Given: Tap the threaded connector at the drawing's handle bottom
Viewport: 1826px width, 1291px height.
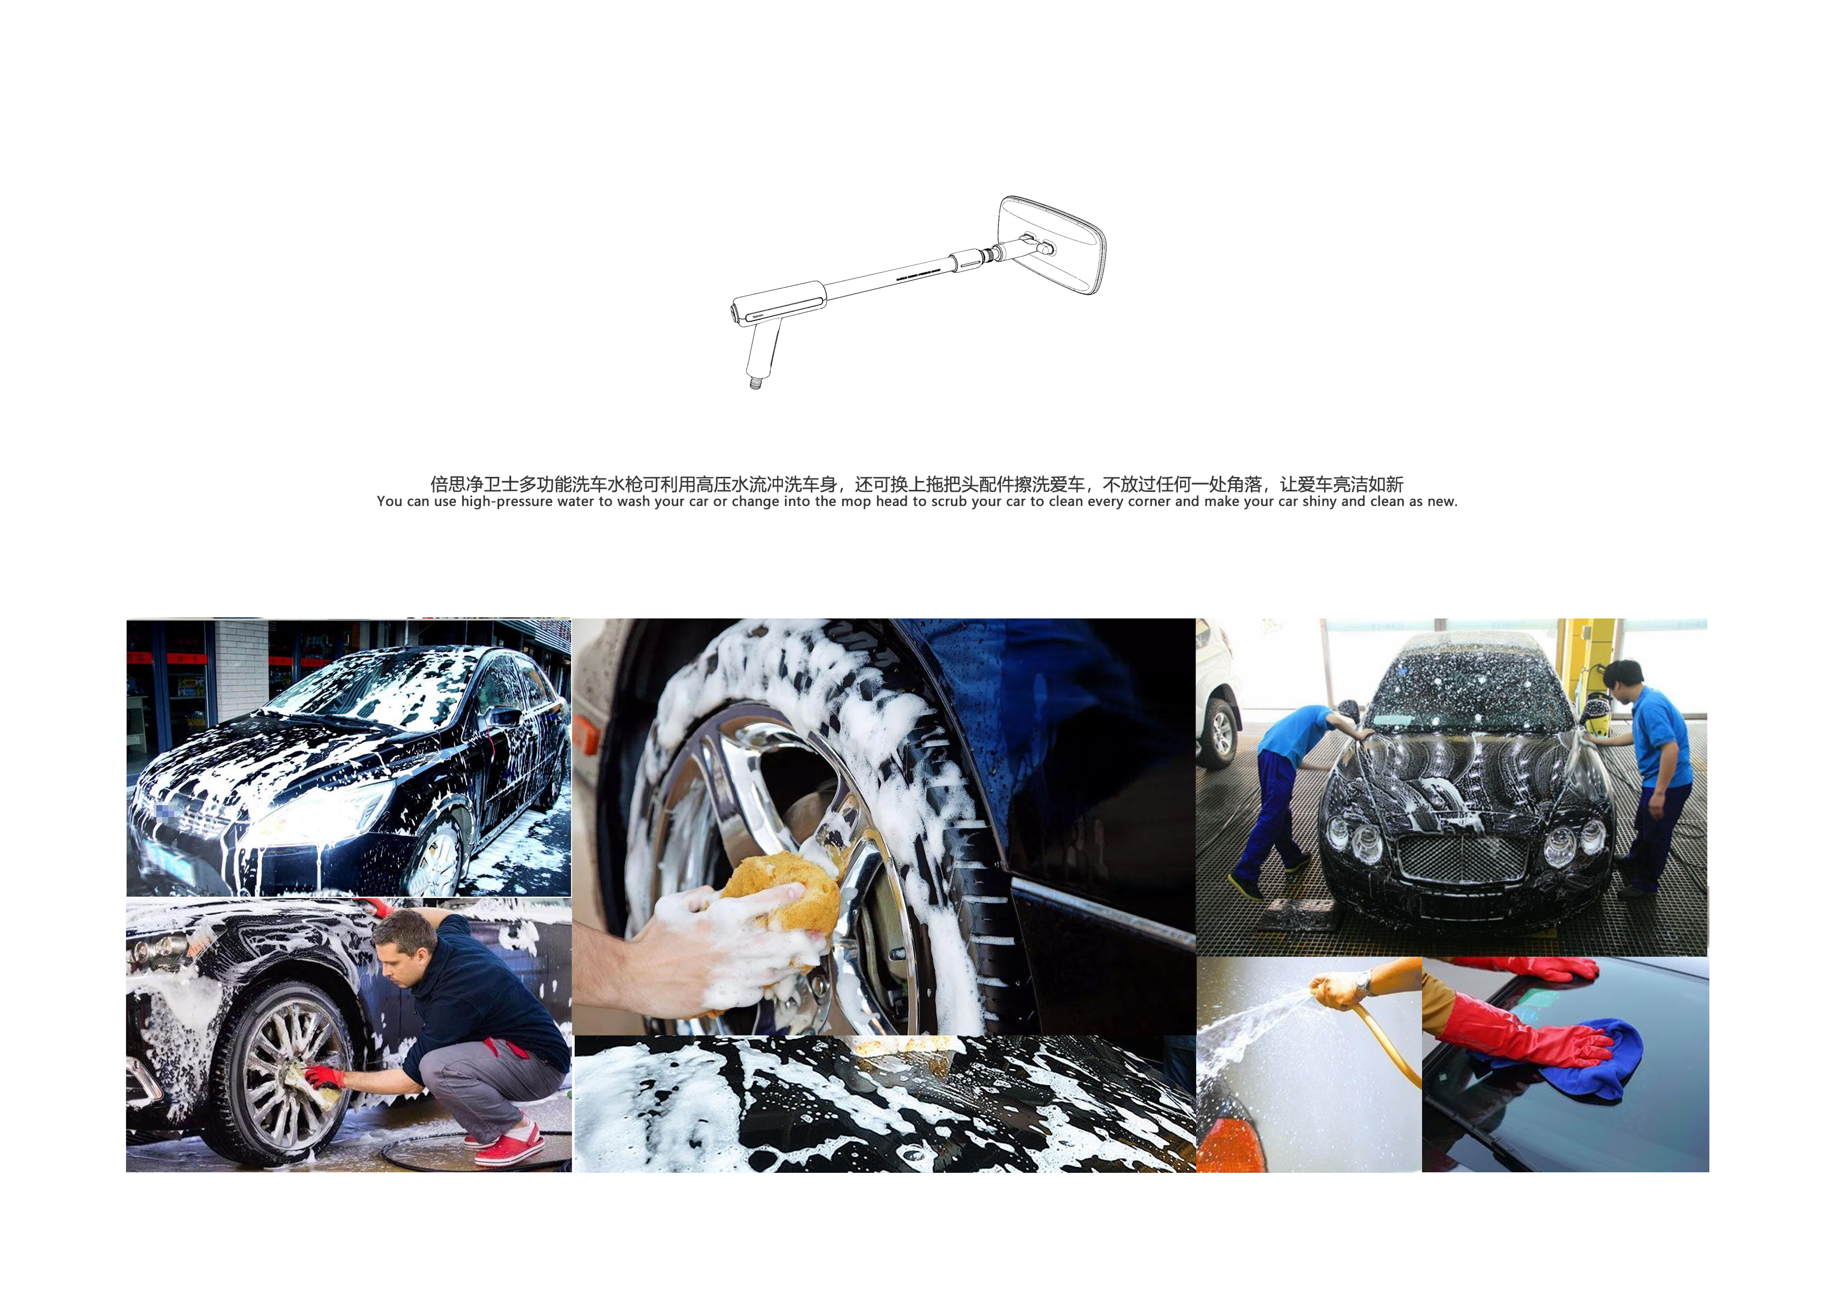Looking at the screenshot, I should coord(755,382).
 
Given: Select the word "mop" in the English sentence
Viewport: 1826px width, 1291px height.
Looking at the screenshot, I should coord(857,502).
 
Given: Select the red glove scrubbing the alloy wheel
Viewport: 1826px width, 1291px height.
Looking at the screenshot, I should coord(324,1077).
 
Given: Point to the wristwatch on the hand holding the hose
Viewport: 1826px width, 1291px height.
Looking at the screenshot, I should coord(1363,983).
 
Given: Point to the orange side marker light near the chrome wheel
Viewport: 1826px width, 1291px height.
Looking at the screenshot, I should coord(587,735).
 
